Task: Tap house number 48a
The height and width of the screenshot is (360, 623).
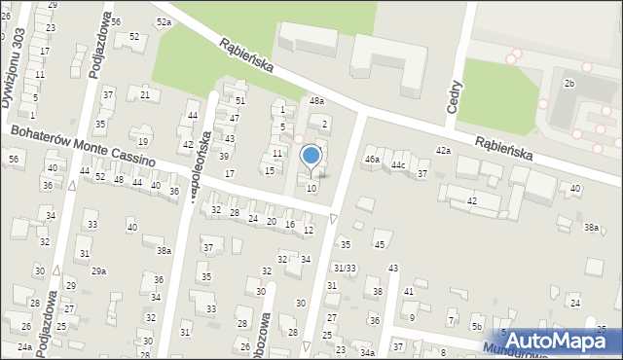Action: pyautogui.click(x=316, y=101)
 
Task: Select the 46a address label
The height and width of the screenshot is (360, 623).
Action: pyautogui.click(x=371, y=159)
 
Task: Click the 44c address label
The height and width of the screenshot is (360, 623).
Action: pyautogui.click(x=398, y=165)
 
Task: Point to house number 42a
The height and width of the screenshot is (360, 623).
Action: pyautogui.click(x=444, y=151)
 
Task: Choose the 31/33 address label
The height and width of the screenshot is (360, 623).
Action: pyautogui.click(x=344, y=268)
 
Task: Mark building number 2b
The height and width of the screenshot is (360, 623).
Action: pyautogui.click(x=569, y=84)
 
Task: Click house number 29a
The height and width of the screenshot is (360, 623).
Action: pyautogui.click(x=98, y=271)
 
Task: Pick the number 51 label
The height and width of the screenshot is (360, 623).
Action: pyautogui.click(x=239, y=101)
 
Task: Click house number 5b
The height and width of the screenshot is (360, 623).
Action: pyautogui.click(x=476, y=326)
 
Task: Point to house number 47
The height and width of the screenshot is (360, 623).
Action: pyautogui.click(x=234, y=118)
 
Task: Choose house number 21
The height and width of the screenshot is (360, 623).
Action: pyautogui.click(x=145, y=94)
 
